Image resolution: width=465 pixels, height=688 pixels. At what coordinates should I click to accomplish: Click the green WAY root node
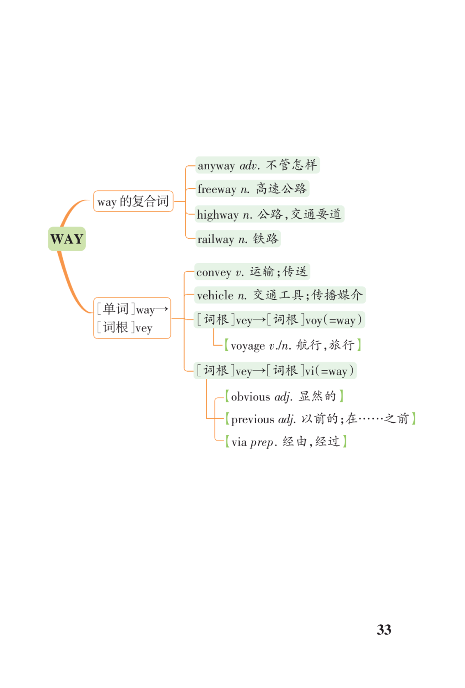(67, 239)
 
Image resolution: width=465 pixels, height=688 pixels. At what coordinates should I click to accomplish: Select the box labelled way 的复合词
(133, 201)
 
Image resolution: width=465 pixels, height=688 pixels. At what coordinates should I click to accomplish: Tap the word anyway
(216, 166)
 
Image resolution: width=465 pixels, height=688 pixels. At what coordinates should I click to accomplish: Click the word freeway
(217, 189)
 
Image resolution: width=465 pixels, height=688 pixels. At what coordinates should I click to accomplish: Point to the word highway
(218, 214)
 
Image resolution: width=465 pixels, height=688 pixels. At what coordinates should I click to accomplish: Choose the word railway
(216, 239)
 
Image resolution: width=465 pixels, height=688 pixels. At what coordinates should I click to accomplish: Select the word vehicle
(215, 295)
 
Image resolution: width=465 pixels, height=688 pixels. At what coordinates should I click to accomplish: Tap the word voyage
(248, 346)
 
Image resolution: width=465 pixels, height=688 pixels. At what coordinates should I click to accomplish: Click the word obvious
(250, 397)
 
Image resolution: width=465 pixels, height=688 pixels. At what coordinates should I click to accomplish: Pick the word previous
(252, 419)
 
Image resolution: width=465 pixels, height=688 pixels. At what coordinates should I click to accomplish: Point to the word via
(239, 442)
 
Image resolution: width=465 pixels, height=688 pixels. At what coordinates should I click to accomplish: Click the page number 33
(384, 629)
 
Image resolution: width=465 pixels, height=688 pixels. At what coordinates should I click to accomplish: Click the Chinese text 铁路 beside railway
(265, 239)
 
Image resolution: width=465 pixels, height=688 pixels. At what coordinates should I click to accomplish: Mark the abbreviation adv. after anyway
(250, 166)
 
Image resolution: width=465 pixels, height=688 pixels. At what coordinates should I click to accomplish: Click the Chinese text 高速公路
(281, 189)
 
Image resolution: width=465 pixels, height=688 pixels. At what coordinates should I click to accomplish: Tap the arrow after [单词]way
(161, 309)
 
